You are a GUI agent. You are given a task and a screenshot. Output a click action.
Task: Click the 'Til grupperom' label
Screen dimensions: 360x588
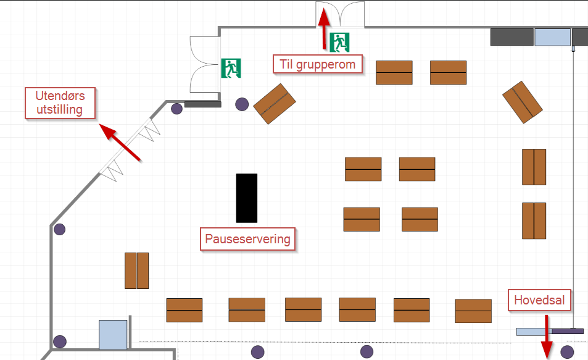pyautogui.click(x=317, y=64)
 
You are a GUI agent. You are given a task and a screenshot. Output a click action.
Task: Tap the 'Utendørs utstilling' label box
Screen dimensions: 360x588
pyautogui.click(x=60, y=103)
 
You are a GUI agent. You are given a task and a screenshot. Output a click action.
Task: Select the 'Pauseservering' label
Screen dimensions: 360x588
pyautogui.click(x=247, y=239)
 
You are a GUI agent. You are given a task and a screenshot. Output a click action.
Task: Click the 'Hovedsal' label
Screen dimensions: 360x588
pyautogui.click(x=539, y=301)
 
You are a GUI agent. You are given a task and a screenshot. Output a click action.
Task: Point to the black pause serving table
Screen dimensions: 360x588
pyautogui.click(x=247, y=198)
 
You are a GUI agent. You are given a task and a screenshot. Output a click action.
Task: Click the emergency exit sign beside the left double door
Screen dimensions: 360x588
pyautogui.click(x=231, y=68)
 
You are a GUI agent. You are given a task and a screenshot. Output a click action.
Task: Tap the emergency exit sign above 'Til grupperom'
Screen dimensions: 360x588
pyautogui.click(x=340, y=41)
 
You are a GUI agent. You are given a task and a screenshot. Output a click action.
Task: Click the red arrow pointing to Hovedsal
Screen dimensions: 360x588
pyautogui.click(x=546, y=337)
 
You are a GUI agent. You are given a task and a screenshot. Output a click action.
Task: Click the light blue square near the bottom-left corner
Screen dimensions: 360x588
pyautogui.click(x=113, y=335)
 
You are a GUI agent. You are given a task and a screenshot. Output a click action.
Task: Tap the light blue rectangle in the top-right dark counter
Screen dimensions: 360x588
pyautogui.click(x=552, y=37)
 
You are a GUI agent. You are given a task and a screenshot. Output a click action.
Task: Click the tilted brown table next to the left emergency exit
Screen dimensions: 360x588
pyautogui.click(x=275, y=104)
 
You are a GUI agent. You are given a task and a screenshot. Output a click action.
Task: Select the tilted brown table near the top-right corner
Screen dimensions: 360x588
pyautogui.click(x=523, y=101)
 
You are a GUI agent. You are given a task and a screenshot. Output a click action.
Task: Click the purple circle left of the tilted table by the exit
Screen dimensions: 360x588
pyautogui.click(x=242, y=104)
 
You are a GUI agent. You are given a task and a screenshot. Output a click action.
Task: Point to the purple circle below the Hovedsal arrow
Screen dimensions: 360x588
pyautogui.click(x=567, y=352)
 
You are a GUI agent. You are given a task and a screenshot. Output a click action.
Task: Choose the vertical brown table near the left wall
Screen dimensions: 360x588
pyautogui.click(x=136, y=270)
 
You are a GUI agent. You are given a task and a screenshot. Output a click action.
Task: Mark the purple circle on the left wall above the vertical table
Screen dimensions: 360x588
pyautogui.click(x=59, y=230)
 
